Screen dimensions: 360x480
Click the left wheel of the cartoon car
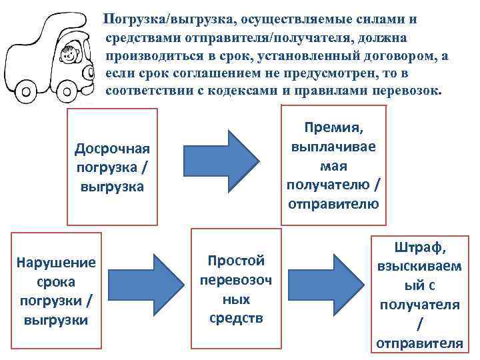tap(25, 89)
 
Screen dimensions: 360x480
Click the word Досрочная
tap(112, 147)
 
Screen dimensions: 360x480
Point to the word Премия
tap(333, 126)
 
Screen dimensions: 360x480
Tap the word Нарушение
tap(56, 262)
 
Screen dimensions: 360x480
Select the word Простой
tap(236, 260)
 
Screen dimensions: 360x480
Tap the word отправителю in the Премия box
tap(333, 203)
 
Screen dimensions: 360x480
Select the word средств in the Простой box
tap(236, 318)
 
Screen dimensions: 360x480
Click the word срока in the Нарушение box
tap(56, 281)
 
